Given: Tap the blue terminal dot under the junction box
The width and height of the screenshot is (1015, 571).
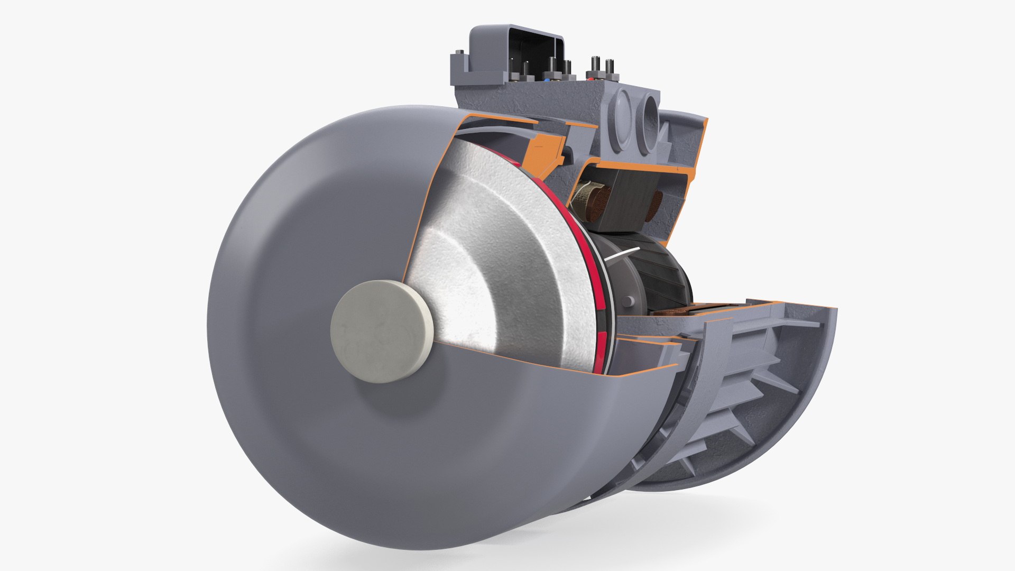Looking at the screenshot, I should pos(547,80).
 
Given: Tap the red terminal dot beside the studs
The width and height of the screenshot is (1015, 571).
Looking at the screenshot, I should pos(590,79).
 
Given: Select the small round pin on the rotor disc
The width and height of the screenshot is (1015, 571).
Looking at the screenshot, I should pos(628,301).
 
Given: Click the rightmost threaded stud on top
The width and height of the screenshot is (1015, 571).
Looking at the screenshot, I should pos(610,66).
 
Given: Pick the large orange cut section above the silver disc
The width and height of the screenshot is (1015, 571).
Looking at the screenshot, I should pos(545,151).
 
